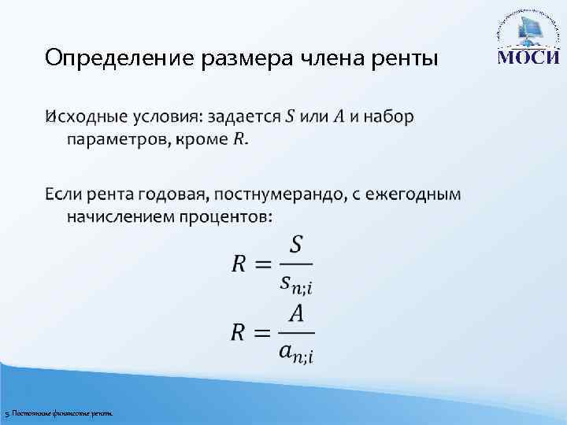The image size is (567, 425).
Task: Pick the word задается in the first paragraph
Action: [x=243, y=117]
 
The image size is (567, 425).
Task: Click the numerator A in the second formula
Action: [x=296, y=313]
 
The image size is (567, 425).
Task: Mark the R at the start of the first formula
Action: [x=240, y=264]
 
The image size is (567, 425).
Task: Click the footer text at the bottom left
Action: [x=58, y=413]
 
